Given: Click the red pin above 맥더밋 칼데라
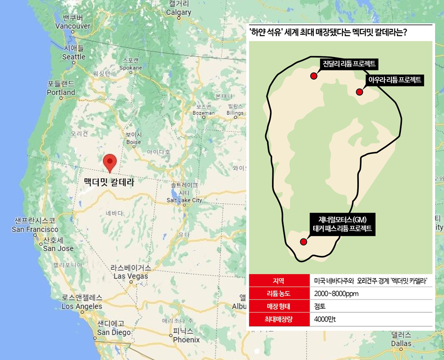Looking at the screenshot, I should (x=110, y=162).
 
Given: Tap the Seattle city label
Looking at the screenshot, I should (x=74, y=57).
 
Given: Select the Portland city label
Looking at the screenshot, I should (x=60, y=92).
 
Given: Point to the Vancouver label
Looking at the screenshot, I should (x=73, y=26).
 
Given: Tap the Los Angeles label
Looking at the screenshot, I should (x=82, y=306).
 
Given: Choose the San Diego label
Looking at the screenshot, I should (x=114, y=332).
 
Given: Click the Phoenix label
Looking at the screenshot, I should (x=186, y=340).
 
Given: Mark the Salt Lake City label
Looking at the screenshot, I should (x=184, y=200).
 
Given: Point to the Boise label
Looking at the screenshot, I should (x=134, y=142).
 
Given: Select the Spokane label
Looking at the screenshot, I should (x=131, y=67).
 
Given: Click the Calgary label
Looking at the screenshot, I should (x=179, y=12).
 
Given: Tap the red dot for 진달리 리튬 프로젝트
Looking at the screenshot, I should (x=313, y=76).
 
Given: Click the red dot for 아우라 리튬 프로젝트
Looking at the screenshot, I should (x=360, y=92).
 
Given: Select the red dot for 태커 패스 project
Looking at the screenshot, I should (x=303, y=241).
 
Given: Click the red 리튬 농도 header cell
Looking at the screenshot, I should (x=279, y=294).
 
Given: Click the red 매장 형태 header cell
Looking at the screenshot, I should (x=279, y=306).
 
